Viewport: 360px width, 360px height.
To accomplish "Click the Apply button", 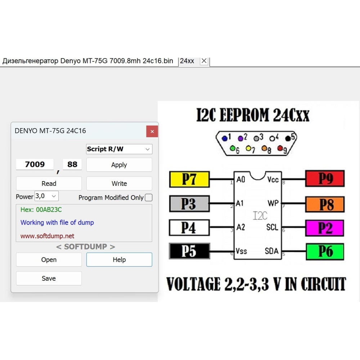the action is pos(119,165).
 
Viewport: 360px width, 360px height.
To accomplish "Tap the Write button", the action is pos(119,184).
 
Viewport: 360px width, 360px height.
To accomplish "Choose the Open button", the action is pos(49,260).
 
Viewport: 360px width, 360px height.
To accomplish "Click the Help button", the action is pos(119,260).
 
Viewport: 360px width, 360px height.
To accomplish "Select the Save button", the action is pos(49,279).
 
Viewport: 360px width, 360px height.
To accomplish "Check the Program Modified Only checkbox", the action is pos(149,197).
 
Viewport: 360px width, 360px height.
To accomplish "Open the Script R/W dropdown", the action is pos(119,149).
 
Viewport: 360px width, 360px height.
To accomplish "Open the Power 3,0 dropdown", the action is pos(46,196).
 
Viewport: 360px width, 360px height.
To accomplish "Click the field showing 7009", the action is pos(35,165).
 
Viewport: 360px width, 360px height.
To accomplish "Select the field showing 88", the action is pos(72,165).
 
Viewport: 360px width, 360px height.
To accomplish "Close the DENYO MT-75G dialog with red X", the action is pos(152,131).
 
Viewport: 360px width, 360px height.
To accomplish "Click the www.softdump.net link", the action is pos(47,236).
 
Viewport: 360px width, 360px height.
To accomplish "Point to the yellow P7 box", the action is pos(189,179).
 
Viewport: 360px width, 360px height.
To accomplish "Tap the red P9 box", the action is pos(325,179).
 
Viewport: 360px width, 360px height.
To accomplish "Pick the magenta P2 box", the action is pos(325,228).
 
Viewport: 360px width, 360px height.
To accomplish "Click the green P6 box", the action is pos(325,252).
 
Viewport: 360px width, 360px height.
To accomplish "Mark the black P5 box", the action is pos(189,251).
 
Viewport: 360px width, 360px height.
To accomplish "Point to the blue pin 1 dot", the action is pos(225,138).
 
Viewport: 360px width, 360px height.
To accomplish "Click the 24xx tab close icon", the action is pos(204,61).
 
